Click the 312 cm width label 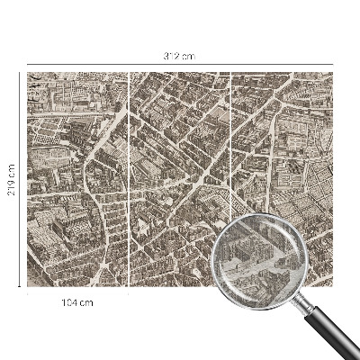181,57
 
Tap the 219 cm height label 12,181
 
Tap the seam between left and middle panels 130,180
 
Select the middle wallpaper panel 180,162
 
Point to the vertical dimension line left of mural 20,225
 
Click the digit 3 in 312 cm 166,57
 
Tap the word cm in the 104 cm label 87,302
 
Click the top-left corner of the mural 28,73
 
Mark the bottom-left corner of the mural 28,287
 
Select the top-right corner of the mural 334,73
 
